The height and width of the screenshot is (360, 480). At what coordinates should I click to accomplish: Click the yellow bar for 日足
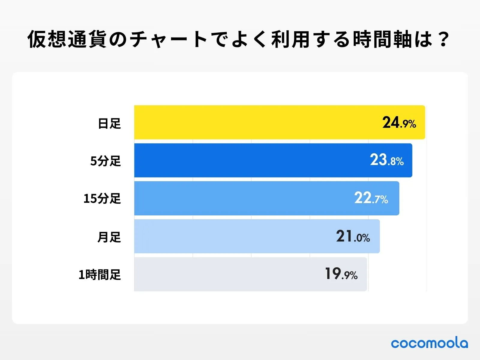(255, 122)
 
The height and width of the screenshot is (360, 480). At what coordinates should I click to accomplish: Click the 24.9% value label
(399, 123)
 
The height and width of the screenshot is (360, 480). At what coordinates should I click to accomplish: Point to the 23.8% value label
(386, 160)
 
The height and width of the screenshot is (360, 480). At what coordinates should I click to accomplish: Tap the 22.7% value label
(371, 198)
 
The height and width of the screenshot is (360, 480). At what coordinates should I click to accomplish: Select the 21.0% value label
(353, 236)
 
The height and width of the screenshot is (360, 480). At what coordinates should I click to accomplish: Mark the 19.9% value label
(341, 274)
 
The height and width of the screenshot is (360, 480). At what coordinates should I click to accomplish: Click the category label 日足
(109, 123)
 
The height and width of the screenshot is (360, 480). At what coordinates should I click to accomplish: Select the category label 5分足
(106, 161)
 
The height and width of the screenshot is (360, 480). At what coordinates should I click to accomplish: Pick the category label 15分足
(102, 199)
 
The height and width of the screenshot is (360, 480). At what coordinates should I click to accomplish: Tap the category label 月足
(109, 237)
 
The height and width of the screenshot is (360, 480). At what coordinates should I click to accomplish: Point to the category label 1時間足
(100, 274)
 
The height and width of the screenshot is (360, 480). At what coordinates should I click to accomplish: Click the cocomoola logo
(429, 343)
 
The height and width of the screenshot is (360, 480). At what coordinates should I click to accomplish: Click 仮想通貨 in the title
(67, 39)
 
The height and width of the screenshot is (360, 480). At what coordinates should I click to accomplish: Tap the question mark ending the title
(443, 39)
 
